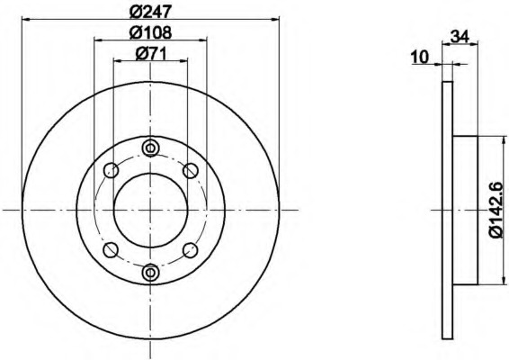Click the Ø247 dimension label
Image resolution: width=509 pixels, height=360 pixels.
coord(150,12)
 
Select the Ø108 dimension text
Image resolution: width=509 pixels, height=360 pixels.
coord(150,32)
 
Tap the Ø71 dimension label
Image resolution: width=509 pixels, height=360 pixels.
coord(150,53)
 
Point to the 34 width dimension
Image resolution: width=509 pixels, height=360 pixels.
coord(460,36)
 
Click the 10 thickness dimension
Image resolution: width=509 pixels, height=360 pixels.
coord(420,58)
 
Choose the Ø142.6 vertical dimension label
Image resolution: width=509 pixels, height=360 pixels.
coord(496,210)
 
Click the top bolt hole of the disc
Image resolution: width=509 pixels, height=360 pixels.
coord(150,148)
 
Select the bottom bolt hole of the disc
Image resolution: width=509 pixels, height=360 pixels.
coord(150,272)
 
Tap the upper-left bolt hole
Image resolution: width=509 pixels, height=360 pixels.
coord(111,170)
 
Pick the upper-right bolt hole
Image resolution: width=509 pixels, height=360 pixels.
coord(191,170)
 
